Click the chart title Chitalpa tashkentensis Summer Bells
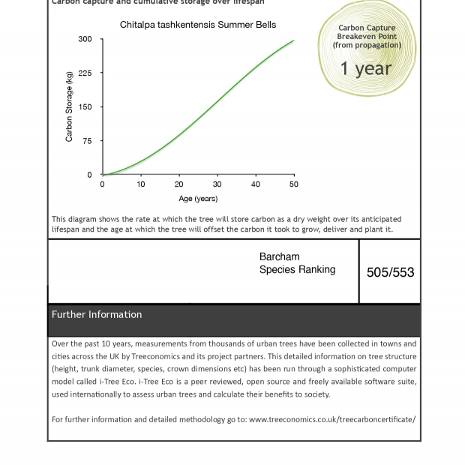(x=198, y=25)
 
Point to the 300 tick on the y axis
(x=85, y=39)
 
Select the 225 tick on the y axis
(x=85, y=73)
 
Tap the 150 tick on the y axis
(x=85, y=107)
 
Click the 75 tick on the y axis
(x=87, y=141)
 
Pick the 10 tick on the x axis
(x=141, y=184)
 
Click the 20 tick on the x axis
(x=179, y=184)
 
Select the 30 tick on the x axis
(x=217, y=184)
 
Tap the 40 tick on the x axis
(x=256, y=184)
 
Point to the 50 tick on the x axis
(x=294, y=184)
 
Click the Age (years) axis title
(x=198, y=199)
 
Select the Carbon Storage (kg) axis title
(x=69, y=106)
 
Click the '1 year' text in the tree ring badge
(x=366, y=69)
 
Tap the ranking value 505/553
(x=390, y=273)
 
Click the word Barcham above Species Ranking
(x=279, y=257)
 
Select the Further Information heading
(x=97, y=315)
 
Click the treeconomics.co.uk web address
(x=332, y=419)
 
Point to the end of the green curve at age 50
(x=293, y=40)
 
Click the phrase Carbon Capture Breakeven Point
(x=367, y=32)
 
